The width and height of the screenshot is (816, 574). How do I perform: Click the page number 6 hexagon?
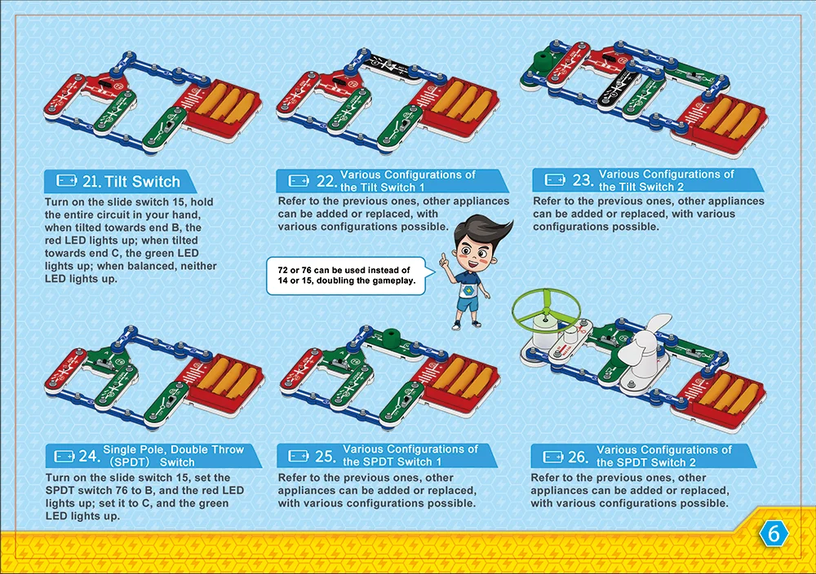[774, 534]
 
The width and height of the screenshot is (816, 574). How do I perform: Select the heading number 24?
[90, 456]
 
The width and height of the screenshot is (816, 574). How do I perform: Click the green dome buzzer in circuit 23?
[540, 60]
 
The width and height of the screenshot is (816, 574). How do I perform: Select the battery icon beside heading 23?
[555, 179]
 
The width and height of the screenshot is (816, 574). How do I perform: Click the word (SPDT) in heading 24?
[129, 461]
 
